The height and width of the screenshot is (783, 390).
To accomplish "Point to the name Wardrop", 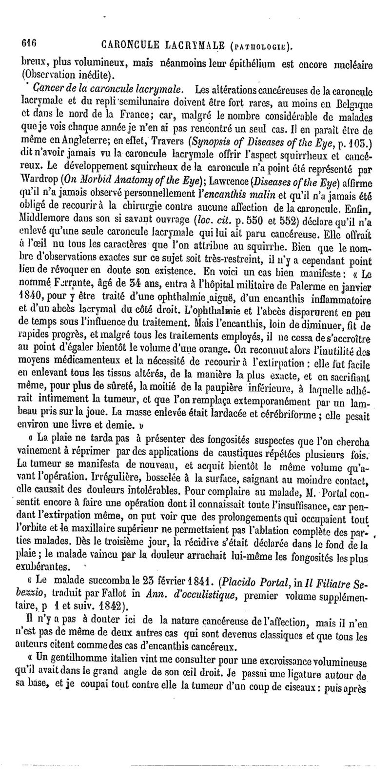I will point(40,183).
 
